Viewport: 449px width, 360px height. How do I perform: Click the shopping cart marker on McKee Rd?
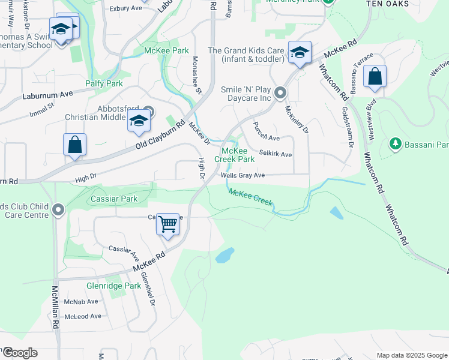coord(168,225)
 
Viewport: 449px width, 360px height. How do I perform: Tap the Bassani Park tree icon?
coord(395,144)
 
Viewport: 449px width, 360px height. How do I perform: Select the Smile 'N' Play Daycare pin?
coord(280,93)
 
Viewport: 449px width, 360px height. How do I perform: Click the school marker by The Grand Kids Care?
coord(299,53)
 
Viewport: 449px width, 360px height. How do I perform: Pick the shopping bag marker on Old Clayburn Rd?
coord(74,145)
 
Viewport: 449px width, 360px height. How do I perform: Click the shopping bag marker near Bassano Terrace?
coord(375,77)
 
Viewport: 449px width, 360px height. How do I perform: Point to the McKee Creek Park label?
coord(238,155)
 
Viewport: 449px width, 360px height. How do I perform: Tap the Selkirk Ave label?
coord(275,154)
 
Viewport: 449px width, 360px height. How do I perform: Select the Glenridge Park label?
coord(113,286)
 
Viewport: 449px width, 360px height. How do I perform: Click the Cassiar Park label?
coord(114,199)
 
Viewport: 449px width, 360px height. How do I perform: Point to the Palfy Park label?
coord(104,83)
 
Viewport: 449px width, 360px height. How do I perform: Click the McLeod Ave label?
coord(83,316)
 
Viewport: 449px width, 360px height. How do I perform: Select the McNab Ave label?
coord(81,302)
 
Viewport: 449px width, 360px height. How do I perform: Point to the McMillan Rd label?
coord(55,306)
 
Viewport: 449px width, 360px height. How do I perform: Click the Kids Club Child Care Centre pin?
coord(58,210)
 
